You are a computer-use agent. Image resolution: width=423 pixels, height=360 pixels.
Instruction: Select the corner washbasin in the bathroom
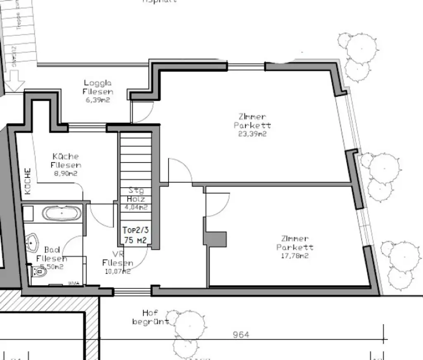32,241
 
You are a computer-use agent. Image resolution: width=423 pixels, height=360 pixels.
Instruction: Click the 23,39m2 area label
252,134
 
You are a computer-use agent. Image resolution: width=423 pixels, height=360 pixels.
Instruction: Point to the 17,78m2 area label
295,255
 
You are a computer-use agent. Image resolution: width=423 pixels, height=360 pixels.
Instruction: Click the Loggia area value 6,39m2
98,100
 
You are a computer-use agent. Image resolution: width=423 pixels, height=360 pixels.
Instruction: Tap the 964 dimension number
241,335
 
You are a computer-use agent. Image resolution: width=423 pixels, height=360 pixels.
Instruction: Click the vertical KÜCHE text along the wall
28,181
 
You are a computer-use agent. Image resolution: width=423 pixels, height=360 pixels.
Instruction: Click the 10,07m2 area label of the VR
118,272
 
